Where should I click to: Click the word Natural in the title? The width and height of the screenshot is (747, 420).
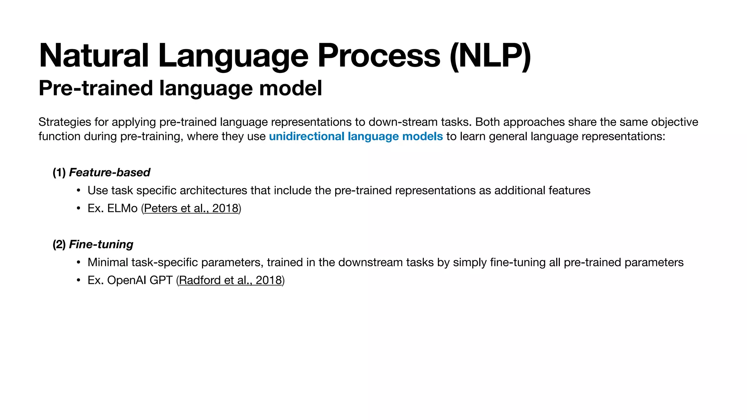tap(94, 56)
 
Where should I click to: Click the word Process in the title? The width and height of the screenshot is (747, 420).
tap(379, 56)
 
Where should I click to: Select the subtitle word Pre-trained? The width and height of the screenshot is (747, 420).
tap(96, 88)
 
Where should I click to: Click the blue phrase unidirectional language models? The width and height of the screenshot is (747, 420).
tap(356, 136)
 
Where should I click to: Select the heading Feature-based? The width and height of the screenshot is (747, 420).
tap(109, 172)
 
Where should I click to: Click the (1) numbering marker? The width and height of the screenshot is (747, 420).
tap(59, 172)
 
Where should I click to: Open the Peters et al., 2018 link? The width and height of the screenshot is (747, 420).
tap(191, 208)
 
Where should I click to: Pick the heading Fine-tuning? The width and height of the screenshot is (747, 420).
tap(101, 244)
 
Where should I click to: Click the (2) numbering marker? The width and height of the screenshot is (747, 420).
tap(59, 244)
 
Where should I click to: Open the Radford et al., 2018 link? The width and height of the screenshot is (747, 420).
tap(231, 280)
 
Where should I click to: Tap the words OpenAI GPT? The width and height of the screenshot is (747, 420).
tap(140, 280)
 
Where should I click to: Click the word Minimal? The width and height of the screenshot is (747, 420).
tap(108, 262)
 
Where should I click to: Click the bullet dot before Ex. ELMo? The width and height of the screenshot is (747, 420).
tap(78, 209)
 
